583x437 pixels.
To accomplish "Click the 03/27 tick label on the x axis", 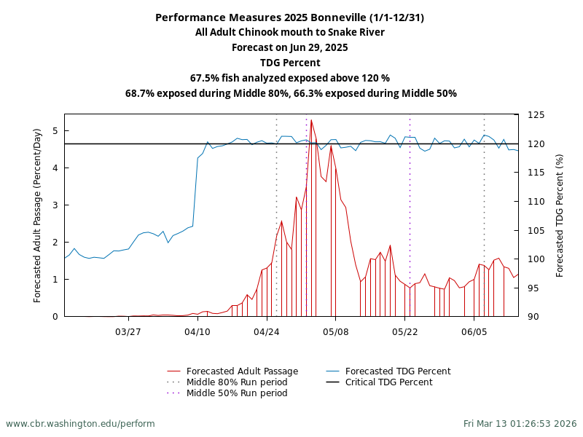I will coord(128,331).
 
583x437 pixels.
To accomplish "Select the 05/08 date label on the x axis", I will coord(335,331).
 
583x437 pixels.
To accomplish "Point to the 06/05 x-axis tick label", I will coord(474,331).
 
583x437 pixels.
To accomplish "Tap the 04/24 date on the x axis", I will coord(267,331).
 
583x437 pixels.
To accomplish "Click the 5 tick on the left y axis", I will coord(55,131).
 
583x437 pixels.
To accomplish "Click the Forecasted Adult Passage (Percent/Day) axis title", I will coord(38,215).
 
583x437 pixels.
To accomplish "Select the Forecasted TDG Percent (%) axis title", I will coord(560,215).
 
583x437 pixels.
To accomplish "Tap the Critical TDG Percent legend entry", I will coord(388,382).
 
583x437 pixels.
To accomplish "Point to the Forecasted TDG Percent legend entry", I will coord(398,371).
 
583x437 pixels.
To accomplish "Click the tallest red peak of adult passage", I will coord(311,121).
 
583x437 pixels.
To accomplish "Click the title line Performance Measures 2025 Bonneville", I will coord(289,17).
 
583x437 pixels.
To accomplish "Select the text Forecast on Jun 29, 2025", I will coord(289,47).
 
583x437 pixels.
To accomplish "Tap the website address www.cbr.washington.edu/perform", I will coord(80,423).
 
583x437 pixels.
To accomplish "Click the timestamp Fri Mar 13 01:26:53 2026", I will coord(520,423).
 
